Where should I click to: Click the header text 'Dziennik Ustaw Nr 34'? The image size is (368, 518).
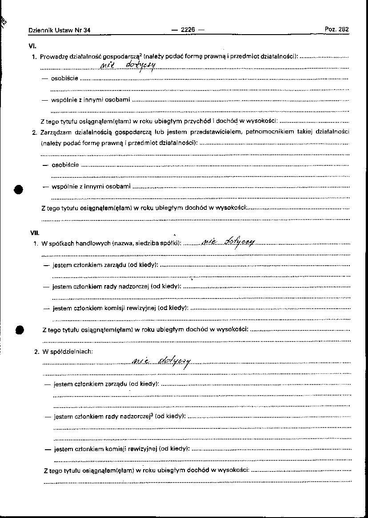click(x=59, y=30)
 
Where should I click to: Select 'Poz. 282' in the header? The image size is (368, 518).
click(x=336, y=29)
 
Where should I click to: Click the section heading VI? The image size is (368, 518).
click(x=32, y=46)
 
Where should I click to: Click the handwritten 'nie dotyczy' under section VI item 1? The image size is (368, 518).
click(x=128, y=66)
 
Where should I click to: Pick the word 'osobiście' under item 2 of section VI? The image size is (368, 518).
click(x=65, y=165)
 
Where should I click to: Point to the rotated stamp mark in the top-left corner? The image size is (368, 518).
click(x=4, y=22)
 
